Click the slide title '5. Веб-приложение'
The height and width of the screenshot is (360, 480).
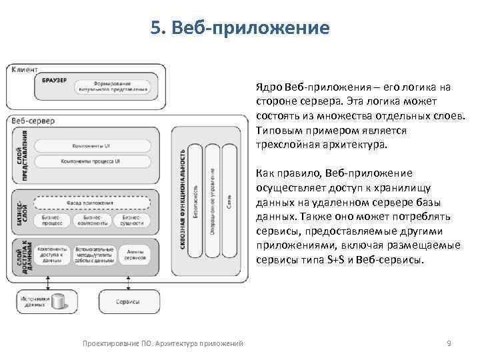(x=240, y=28)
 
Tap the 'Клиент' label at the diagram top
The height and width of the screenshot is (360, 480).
(x=25, y=69)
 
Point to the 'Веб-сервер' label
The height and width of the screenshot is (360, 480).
(x=33, y=121)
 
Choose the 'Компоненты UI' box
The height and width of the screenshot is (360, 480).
(x=91, y=145)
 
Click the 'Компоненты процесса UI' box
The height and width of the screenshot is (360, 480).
(x=91, y=161)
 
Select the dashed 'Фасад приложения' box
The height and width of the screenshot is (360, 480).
(x=91, y=203)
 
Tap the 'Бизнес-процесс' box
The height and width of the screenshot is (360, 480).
(x=51, y=221)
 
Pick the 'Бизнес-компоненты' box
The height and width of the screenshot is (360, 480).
(x=91, y=221)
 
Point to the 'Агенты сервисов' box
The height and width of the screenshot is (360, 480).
(x=135, y=254)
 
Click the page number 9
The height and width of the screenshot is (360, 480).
(x=449, y=343)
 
